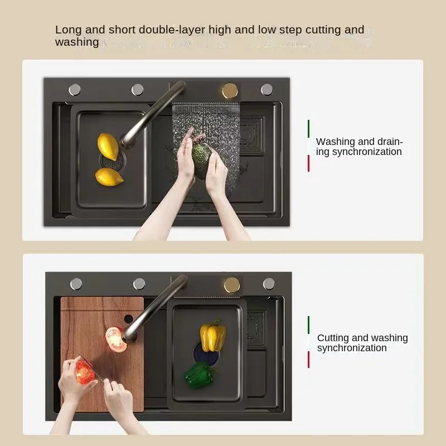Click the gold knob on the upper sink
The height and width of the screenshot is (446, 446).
click(x=230, y=91)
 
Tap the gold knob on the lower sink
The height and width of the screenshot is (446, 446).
click(x=232, y=285)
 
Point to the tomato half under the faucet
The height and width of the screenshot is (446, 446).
click(x=115, y=339)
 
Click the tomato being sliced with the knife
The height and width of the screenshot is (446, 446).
click(x=85, y=371)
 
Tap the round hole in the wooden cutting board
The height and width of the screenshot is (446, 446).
click(x=129, y=319)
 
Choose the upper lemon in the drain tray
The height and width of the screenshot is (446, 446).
click(x=108, y=147)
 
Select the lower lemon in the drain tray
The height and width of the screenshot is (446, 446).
click(x=109, y=177)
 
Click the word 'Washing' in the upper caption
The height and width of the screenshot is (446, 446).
click(x=336, y=142)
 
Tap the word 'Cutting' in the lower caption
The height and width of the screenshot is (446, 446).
click(x=333, y=338)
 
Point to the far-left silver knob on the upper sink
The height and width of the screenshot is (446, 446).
click(x=75, y=90)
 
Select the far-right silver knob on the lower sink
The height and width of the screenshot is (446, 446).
click(x=269, y=284)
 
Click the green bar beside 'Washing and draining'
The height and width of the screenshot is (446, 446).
click(x=309, y=129)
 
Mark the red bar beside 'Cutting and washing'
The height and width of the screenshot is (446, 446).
click(x=309, y=360)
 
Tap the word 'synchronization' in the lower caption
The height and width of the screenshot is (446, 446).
click(x=352, y=348)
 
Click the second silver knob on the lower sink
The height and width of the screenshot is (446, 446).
click(x=139, y=284)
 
